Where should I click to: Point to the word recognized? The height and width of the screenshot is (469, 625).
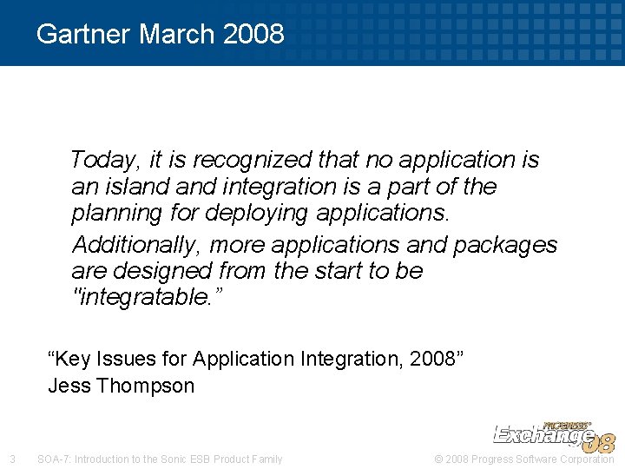pos(266,160)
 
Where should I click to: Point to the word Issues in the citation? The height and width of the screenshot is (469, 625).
pos(123,359)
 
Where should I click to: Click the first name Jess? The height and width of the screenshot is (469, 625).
pos(69,386)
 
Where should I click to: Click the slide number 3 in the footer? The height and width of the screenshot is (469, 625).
pos(11,459)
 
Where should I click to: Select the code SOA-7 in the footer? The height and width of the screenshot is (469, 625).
pos(55,459)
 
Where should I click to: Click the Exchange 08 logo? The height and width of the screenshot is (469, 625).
pos(554,435)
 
